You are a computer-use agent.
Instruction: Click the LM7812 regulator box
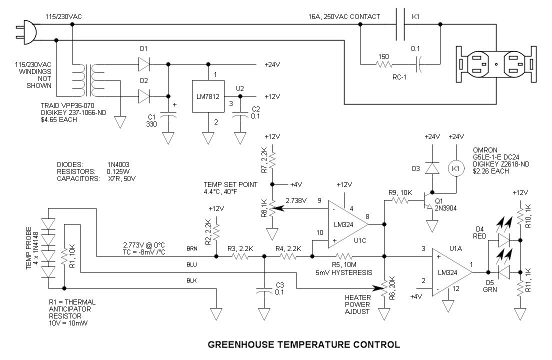(208, 96)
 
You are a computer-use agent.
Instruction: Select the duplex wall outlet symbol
(496, 64)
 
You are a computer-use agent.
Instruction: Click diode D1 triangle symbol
(144, 64)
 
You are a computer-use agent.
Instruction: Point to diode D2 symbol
(144, 96)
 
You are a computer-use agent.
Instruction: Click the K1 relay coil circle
(456, 168)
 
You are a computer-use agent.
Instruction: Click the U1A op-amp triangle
(452, 272)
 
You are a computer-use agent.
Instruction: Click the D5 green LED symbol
(504, 272)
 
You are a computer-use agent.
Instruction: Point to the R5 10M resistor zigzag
(344, 256)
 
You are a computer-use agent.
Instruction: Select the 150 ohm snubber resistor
(384, 64)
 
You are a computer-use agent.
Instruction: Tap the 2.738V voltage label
(296, 200)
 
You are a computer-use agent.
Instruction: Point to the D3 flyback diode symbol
(432, 168)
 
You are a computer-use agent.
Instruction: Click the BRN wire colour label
(192, 249)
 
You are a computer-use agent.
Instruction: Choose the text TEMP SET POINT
(230, 185)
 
